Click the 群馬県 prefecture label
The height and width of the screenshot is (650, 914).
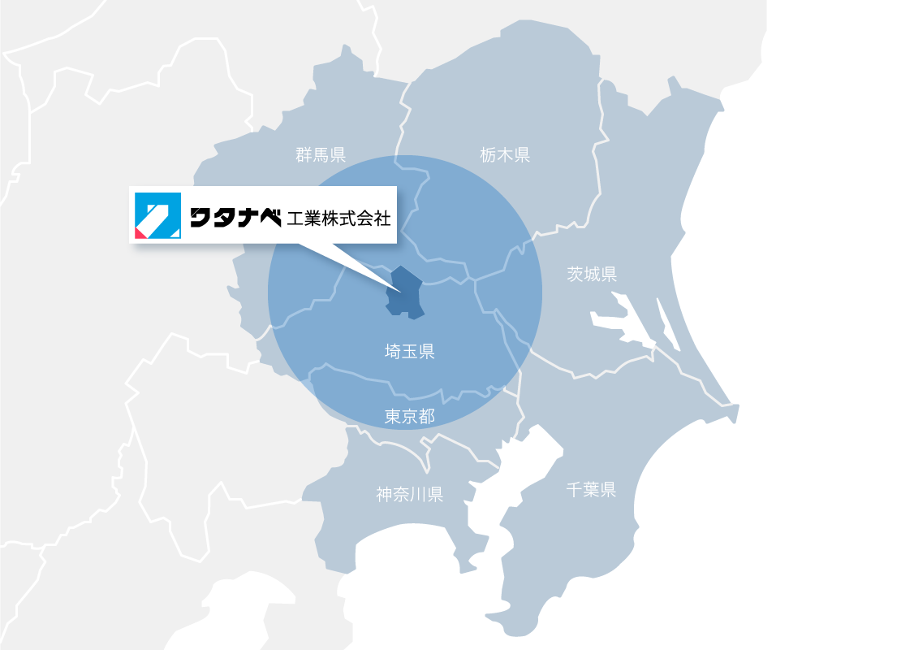pyautogui.click(x=321, y=154)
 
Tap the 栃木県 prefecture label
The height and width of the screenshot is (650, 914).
pyautogui.click(x=505, y=154)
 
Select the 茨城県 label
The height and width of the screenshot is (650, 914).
pyautogui.click(x=592, y=274)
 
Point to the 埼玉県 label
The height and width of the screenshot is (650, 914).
pyautogui.click(x=410, y=352)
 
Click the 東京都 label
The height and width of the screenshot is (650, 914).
pyautogui.click(x=410, y=417)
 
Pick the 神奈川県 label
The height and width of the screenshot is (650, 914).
pyautogui.click(x=410, y=494)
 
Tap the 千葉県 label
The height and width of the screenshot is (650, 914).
pyautogui.click(x=591, y=489)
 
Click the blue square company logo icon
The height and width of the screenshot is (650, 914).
pyautogui.click(x=157, y=216)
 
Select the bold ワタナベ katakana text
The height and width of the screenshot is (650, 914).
pyautogui.click(x=235, y=218)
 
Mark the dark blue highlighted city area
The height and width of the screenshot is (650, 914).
pyautogui.click(x=404, y=292)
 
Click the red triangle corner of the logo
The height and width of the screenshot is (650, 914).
pyautogui.click(x=140, y=233)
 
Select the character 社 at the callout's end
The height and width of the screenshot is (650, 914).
pyautogui.click(x=383, y=218)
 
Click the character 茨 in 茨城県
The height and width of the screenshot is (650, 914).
pyautogui.click(x=576, y=274)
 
